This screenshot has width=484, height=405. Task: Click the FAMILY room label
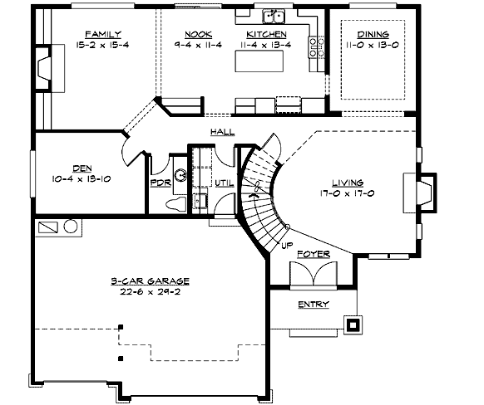[103, 34]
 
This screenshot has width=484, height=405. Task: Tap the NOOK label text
[198, 34]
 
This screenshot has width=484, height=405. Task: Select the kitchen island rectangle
[259, 61]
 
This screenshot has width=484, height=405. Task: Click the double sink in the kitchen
[274, 17]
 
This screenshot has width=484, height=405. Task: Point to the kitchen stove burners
[317, 47]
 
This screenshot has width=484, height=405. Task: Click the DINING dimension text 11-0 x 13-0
[373, 45]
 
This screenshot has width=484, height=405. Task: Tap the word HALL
[223, 132]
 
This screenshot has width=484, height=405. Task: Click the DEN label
[82, 168]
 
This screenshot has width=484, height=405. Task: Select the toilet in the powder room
[176, 204]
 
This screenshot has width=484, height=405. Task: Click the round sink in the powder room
[180, 175]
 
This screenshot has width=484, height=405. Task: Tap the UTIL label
[225, 183]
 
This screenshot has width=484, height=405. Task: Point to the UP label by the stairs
[287, 246]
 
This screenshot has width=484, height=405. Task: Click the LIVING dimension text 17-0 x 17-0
[348, 193]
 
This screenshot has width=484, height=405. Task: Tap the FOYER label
[314, 254]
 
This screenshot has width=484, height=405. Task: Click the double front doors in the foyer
[314, 274]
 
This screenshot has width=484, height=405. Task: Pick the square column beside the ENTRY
[353, 324]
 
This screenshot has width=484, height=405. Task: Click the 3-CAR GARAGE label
[150, 281]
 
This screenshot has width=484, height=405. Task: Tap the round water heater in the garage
[71, 227]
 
